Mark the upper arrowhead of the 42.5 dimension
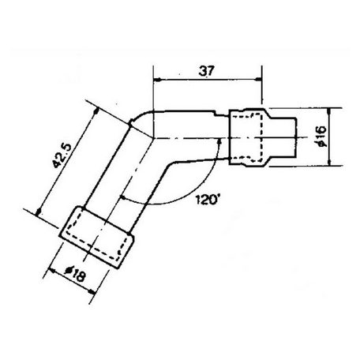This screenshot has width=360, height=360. pyautogui.click(x=93, y=107)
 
